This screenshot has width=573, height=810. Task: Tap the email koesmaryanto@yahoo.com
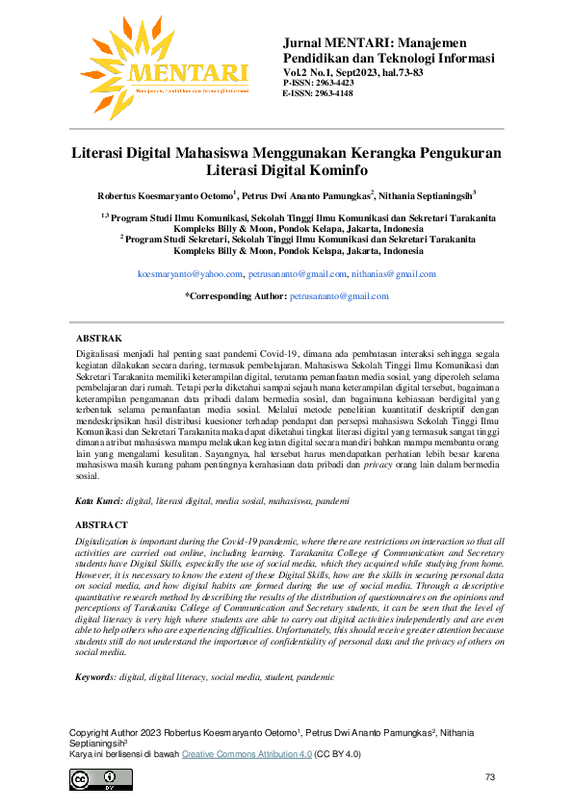[190, 274]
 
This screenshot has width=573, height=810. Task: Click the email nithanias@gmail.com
[394, 274]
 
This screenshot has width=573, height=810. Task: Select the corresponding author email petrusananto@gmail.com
[339, 296]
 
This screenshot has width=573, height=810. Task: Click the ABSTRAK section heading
[98, 339]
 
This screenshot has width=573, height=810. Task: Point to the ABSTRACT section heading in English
[101, 524]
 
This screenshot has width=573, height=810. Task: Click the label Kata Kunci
[98, 501]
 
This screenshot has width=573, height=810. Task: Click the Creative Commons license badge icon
[88, 778]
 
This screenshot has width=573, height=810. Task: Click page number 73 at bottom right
[490, 776]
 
